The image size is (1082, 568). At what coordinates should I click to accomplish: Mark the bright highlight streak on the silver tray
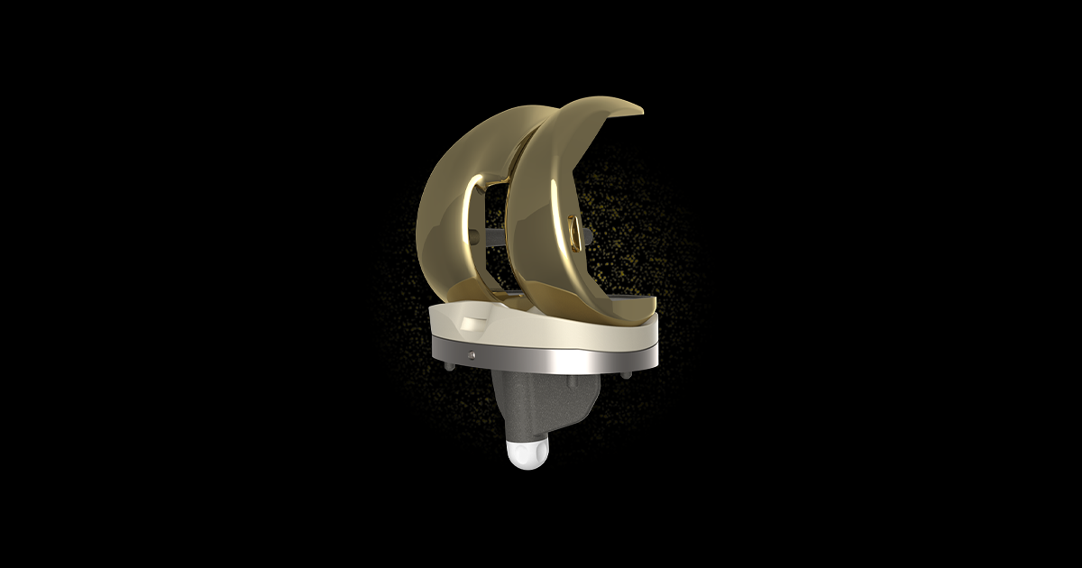tap(577, 360)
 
